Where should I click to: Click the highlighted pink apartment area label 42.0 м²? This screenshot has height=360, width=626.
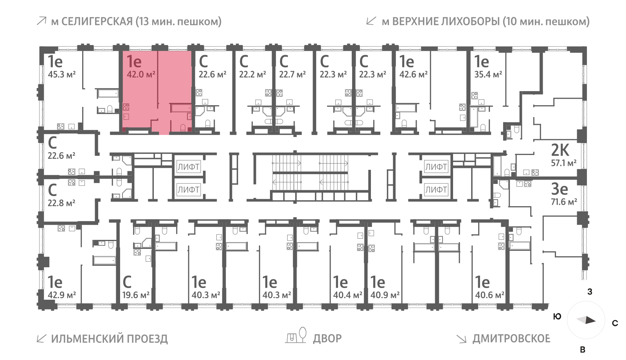coord(141,74)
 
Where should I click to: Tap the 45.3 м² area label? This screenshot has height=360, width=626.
coord(61,74)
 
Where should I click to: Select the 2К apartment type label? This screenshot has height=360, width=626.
coord(560,150)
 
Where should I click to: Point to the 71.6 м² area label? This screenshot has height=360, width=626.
coord(564,202)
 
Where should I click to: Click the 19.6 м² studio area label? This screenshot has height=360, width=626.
coord(136,295)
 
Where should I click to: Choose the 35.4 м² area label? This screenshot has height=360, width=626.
coord(488,74)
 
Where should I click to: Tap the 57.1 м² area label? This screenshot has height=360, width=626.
coord(563,163)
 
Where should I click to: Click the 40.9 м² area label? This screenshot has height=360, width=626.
coord(385,295)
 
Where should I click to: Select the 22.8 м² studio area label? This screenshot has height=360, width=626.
coord(61,203)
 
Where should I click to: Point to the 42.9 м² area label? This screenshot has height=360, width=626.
coord(61,295)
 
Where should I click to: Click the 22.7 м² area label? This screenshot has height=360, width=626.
coord(292,74)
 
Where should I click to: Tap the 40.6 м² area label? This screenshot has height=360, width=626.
coord(489,295)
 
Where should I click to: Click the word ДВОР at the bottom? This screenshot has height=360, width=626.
coord(327,338)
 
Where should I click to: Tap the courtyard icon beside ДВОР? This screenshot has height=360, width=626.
coord(296,336)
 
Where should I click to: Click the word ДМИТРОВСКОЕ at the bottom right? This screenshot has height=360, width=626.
coord(511,338)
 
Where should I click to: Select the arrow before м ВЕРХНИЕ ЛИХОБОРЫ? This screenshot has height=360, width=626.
coord(371,21)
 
